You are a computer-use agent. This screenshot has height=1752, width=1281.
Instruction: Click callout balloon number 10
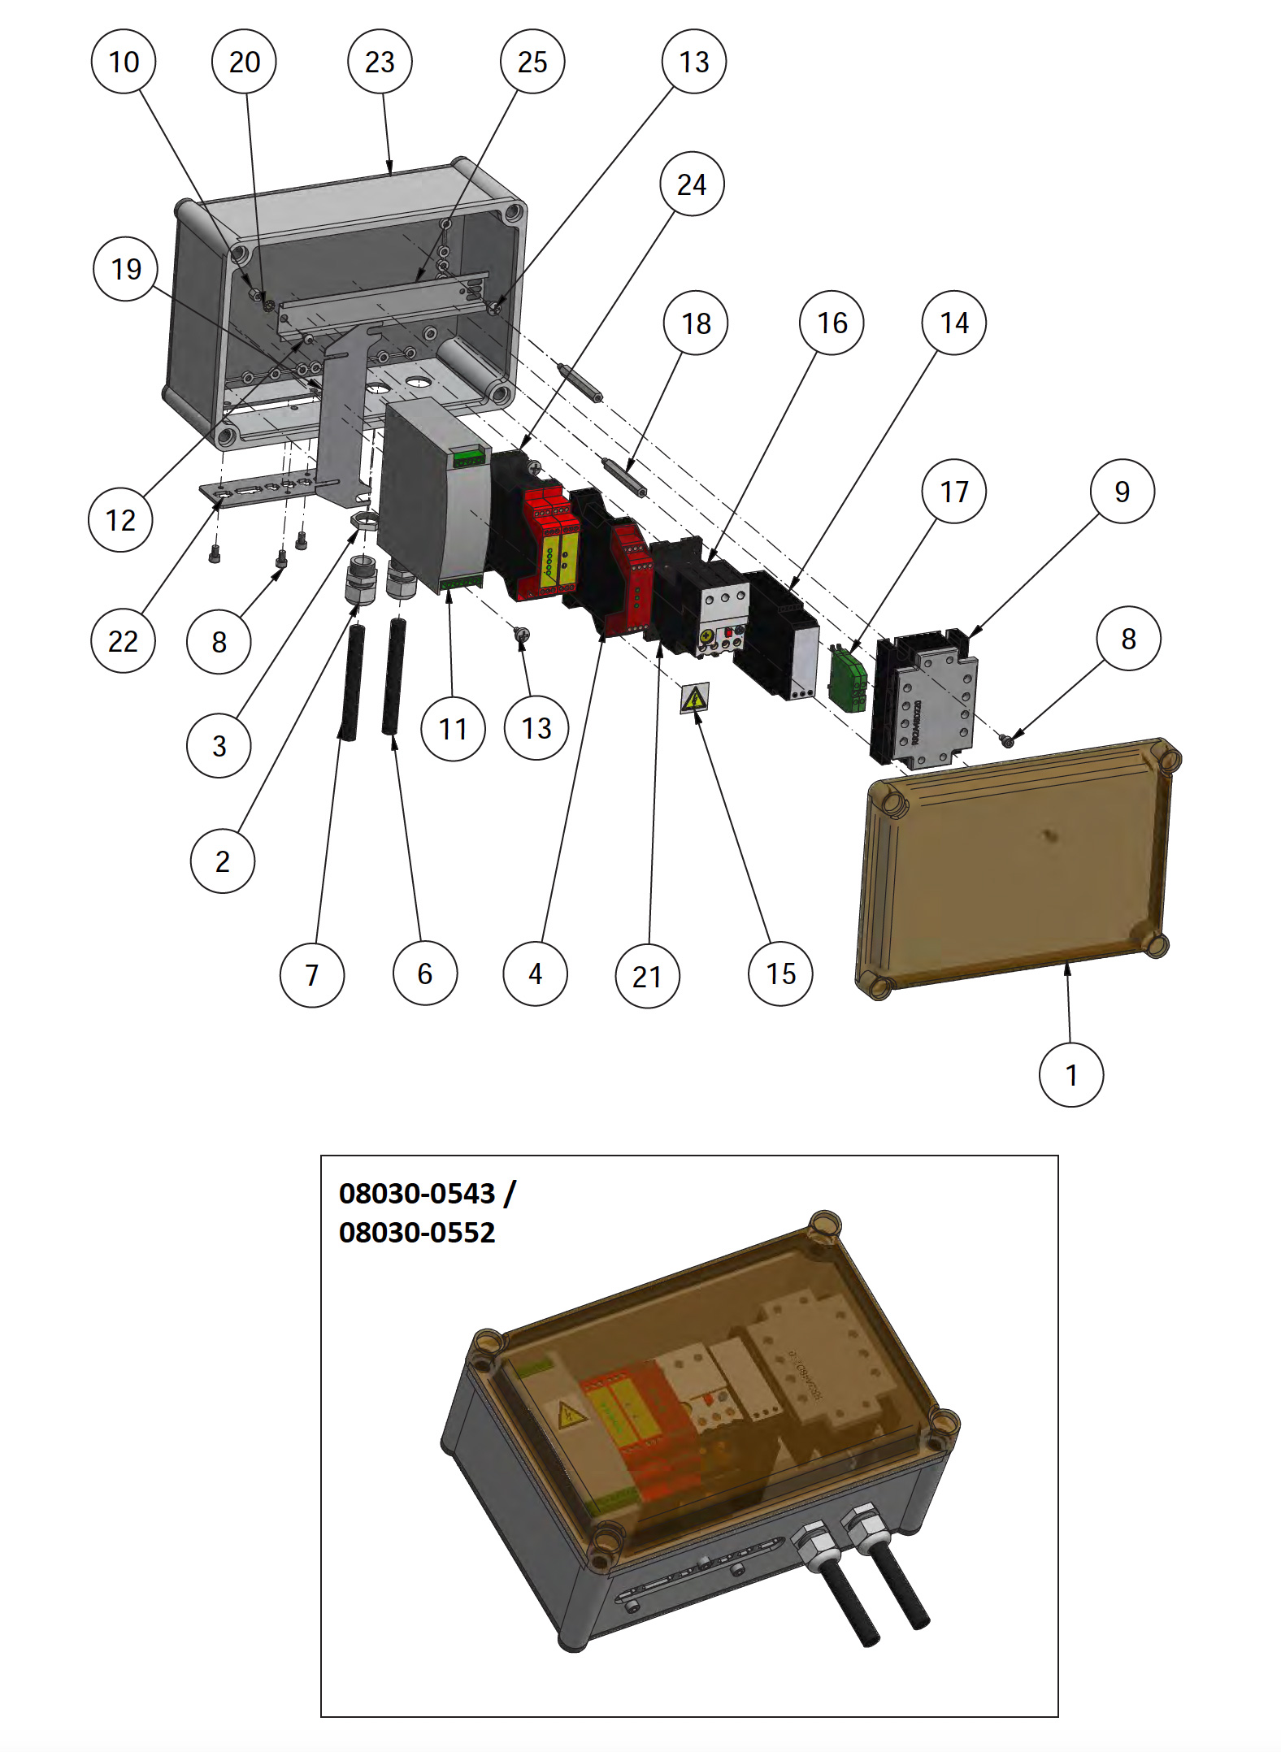click(124, 62)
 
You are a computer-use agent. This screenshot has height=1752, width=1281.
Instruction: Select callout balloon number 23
click(380, 62)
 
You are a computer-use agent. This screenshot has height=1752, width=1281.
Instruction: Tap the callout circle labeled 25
click(532, 62)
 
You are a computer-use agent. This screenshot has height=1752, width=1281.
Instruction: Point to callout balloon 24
click(692, 184)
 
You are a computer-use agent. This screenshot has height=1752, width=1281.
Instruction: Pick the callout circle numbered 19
click(125, 269)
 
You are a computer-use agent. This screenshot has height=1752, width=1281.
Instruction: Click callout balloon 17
click(953, 492)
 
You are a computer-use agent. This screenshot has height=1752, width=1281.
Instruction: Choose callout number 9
click(1122, 492)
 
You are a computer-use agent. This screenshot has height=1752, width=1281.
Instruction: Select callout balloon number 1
click(1071, 1075)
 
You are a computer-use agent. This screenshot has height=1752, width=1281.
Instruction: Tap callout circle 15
click(780, 974)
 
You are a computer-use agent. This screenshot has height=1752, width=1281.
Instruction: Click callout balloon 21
click(647, 976)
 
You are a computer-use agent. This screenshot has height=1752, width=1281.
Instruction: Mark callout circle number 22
click(123, 641)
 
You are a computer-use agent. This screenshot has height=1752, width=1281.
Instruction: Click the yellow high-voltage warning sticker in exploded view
click(695, 698)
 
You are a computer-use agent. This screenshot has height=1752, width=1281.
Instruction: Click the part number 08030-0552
click(417, 1233)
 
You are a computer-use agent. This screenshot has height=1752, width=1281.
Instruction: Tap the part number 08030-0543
click(417, 1194)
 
